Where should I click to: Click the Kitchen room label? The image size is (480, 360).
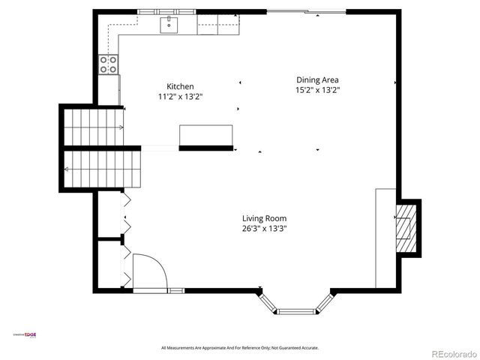(x=180, y=86)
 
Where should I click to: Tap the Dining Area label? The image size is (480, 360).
(x=318, y=79)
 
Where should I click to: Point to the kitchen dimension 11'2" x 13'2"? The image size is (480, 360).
(x=180, y=97)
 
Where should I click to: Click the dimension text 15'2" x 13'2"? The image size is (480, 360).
(x=318, y=90)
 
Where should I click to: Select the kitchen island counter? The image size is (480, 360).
(x=205, y=135)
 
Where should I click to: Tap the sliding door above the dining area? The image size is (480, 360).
(x=307, y=11)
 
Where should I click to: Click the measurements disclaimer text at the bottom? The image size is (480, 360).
(x=240, y=348)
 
